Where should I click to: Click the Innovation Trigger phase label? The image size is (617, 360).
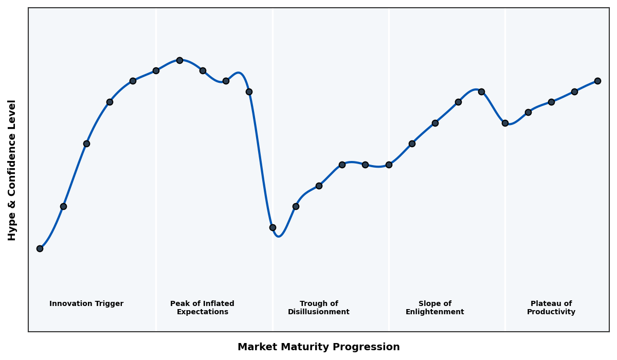pos(86,304)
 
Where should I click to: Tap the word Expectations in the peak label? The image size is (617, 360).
pos(202,312)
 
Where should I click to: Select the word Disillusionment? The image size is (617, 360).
pos(319,312)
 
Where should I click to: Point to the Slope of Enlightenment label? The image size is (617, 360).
pos(435,308)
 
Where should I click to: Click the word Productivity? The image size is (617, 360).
pos(551,312)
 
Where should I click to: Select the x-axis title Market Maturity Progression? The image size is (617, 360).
pos(319,347)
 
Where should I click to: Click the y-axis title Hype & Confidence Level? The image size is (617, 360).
pos(12,170)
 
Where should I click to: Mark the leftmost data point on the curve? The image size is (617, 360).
pos(40,248)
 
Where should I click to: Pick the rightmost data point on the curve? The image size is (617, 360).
pos(597,81)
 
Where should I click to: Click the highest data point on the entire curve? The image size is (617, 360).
pos(179,60)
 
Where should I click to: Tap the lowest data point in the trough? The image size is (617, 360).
pos(273,227)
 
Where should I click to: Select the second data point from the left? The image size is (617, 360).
pos(63,206)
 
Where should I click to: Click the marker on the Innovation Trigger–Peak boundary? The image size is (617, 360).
pos(156,70)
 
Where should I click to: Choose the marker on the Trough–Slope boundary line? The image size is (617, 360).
pos(389,165)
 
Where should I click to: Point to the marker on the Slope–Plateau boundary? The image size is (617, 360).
pos(505,123)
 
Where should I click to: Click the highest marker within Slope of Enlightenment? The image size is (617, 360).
pos(481,92)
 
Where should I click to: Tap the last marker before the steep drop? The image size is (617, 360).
pos(249,92)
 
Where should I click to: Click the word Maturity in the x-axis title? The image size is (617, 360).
pos(318,347)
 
